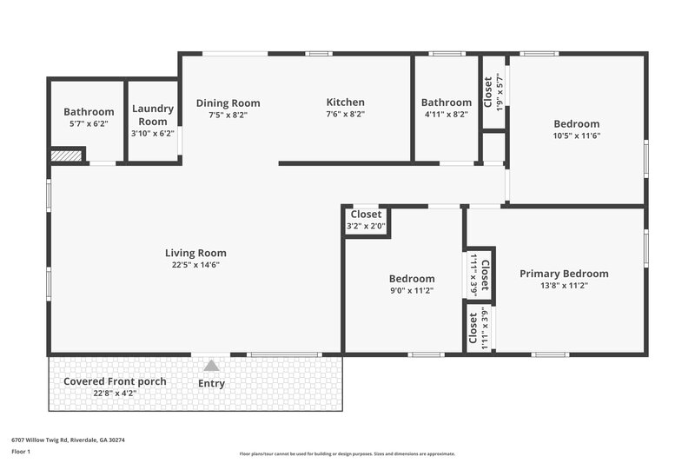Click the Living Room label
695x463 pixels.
click(195, 253)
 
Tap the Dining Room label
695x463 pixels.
click(228, 103)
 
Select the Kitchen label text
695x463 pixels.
click(345, 103)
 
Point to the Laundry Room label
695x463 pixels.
click(153, 116)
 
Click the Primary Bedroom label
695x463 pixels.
click(564, 274)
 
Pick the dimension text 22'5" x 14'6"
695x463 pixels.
click(195, 265)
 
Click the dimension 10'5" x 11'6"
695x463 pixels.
click(577, 136)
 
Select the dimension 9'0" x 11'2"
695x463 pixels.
click(411, 291)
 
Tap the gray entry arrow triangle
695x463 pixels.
click(211, 366)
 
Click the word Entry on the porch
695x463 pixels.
click(211, 383)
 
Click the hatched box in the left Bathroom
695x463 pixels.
click(66, 155)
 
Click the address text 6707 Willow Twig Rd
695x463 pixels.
click(68, 440)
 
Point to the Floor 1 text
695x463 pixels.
click(21, 453)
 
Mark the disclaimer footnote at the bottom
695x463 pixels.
click(347, 453)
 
